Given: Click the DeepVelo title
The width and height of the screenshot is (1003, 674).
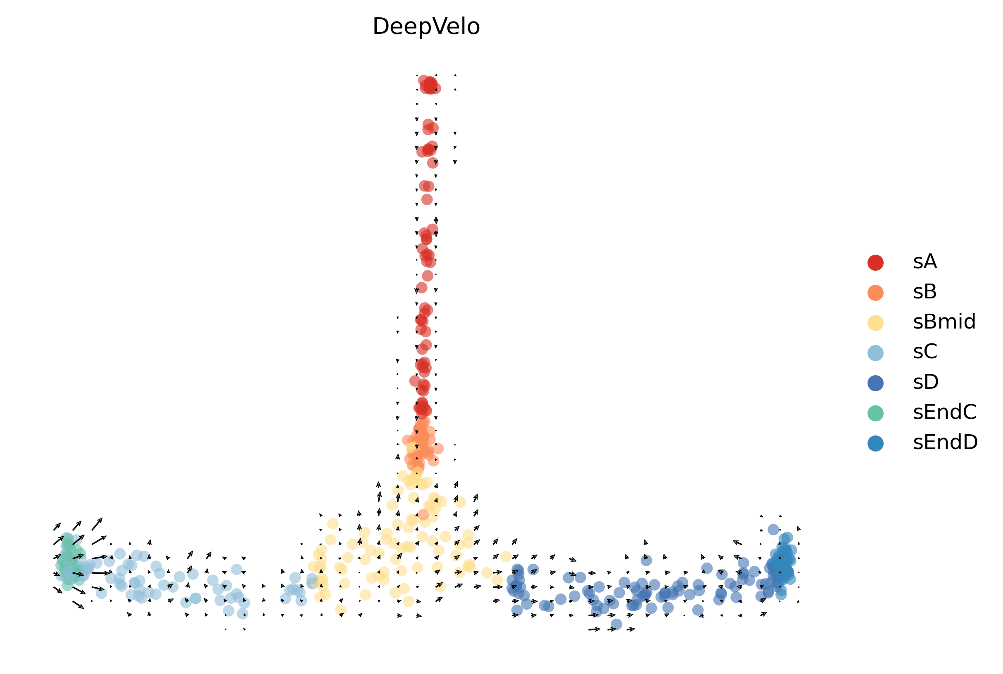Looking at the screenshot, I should coord(426,27).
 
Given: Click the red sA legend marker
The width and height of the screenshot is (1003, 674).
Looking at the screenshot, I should coord(875,262).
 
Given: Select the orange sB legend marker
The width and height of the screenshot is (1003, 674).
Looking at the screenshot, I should coord(875,292).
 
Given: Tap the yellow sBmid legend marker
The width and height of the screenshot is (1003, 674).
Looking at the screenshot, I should coord(875,322).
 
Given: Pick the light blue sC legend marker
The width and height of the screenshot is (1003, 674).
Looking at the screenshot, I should coord(875,352).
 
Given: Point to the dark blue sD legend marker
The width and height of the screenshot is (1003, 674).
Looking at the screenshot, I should coord(875,383).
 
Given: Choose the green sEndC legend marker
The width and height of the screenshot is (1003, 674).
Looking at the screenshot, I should coord(875,413).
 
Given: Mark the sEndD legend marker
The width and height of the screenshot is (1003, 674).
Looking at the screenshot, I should coord(875,443).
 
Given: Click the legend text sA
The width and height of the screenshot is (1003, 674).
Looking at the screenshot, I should coord(925,262).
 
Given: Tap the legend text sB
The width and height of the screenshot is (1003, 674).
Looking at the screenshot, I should coord(925,292).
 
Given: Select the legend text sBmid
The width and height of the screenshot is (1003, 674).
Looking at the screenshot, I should coord(944,322).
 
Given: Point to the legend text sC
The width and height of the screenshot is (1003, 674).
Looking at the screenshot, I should coord(925,352).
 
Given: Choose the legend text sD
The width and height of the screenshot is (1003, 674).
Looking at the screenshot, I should coord(926,382).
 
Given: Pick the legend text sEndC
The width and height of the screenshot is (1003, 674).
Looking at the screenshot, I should coord(944,412).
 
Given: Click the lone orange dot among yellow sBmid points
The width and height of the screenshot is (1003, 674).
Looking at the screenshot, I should coord(423,515).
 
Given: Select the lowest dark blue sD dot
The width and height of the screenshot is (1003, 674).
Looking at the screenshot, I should coord(616,624).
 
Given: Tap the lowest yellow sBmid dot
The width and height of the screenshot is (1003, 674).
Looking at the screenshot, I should coord(341,610).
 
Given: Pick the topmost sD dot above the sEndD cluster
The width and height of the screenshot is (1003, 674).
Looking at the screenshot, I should coord(773,529).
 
